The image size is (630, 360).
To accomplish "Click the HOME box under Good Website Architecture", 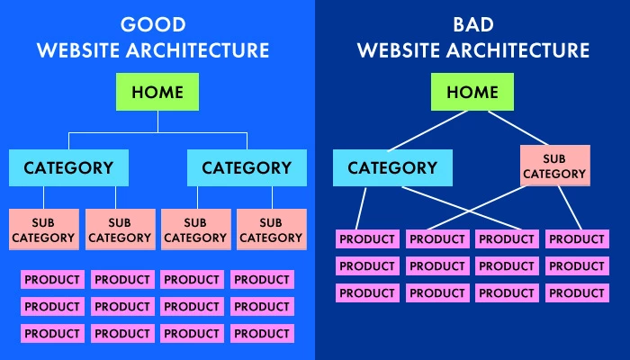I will pyautogui.click(x=157, y=93).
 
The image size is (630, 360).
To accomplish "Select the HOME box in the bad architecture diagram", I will pyautogui.click(x=472, y=93).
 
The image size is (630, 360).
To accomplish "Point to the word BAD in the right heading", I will pyautogui.click(x=472, y=24).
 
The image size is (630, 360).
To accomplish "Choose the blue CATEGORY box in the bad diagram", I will pyautogui.click(x=392, y=168).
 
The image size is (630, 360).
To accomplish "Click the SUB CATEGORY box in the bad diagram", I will pyautogui.click(x=554, y=166).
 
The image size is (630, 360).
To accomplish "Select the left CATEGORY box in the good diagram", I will pyautogui.click(x=68, y=168).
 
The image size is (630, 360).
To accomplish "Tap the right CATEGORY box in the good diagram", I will pyautogui.click(x=247, y=168).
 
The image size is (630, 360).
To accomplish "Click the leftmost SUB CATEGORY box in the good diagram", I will pyautogui.click(x=43, y=229).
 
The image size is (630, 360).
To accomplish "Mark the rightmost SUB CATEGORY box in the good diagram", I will pyautogui.click(x=271, y=229).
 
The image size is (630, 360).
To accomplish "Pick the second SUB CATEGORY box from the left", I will pyautogui.click(x=120, y=229).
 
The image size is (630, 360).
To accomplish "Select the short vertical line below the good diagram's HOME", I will pyautogui.click(x=157, y=121).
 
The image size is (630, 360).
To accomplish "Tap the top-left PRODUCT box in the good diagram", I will pyautogui.click(x=52, y=280).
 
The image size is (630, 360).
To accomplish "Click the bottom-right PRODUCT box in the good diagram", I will pyautogui.click(x=261, y=333).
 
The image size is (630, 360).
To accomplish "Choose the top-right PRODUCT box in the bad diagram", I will pyautogui.click(x=577, y=239).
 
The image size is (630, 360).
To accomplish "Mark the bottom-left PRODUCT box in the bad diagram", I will pyautogui.click(x=366, y=293).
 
